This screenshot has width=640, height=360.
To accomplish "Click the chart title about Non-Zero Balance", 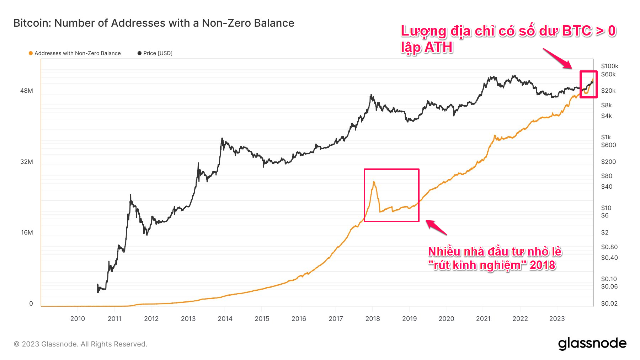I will pos(154,23).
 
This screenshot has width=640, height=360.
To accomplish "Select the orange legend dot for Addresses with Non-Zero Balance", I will pos(31,53).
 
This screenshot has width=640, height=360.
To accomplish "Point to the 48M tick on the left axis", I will pos(27,91).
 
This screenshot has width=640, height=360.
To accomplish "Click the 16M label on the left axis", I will pos(27,232).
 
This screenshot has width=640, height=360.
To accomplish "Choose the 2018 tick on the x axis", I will pos(373,318).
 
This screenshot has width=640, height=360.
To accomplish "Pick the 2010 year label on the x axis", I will pos(78,318).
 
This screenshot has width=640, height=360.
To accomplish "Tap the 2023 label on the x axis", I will pos(557,318).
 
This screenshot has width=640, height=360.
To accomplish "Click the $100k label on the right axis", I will pos(609,66).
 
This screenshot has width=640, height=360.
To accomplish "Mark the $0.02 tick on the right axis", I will pos(609,303).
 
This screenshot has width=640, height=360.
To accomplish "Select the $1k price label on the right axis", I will pos(606,137).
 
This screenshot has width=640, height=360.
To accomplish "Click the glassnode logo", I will pos(592,344).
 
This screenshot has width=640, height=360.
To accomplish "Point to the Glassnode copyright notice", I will pos(80,344).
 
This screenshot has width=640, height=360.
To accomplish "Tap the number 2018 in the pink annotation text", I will pos(542,265).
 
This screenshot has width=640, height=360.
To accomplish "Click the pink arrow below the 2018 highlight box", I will pos(436,227).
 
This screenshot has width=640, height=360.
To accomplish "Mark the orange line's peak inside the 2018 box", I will pos(374,182).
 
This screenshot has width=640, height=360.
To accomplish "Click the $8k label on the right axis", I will pos(606,105).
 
